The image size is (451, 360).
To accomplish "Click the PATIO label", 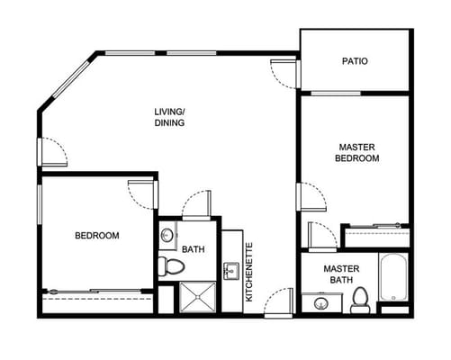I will [355, 62].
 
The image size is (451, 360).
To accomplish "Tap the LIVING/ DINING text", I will [169, 117].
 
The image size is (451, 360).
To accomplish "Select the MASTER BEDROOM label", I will [358, 152].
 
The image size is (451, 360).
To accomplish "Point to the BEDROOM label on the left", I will [96, 236].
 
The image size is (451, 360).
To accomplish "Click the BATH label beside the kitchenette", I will [193, 249].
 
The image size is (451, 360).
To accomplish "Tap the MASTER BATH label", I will [342, 274].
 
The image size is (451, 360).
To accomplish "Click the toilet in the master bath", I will [361, 300].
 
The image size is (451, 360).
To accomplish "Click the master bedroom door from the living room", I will [311, 196].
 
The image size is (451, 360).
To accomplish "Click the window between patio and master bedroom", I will [336, 92].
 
